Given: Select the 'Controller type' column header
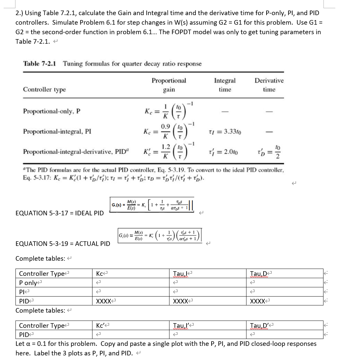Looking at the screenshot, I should coord(44,89).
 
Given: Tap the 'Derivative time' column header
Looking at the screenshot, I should coord(269,85).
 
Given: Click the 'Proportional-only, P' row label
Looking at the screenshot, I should coord(52,111).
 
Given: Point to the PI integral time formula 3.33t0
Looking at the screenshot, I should coord(225,132).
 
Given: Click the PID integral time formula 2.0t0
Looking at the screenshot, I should coord(225,152).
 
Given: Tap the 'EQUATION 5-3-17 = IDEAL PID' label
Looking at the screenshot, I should coord(60,213).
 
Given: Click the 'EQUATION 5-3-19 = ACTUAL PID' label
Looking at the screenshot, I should coord(63,244).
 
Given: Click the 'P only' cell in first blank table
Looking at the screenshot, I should coord(28,283).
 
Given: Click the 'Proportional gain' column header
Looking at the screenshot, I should coord(169,85).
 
